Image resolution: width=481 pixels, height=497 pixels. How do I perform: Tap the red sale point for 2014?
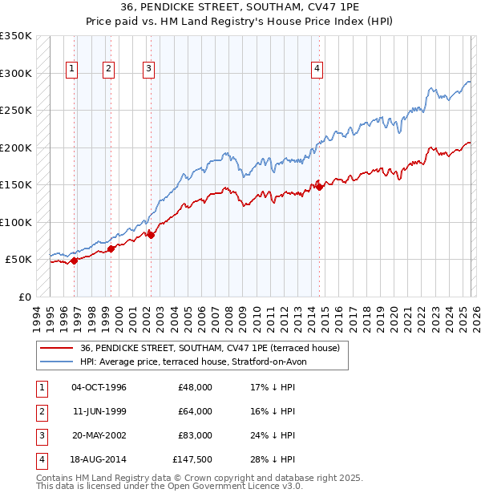coord(319,187)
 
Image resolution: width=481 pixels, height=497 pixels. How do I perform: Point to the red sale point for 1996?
coord(74,261)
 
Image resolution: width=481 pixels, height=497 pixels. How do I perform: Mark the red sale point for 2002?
coord(151,235)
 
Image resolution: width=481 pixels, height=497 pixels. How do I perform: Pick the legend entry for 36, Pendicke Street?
coord(210,348)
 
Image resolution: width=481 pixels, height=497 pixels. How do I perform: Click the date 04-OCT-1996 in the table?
coord(99,387)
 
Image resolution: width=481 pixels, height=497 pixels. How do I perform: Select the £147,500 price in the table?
coord(192,459)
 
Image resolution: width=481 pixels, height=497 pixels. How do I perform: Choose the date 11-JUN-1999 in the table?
coord(99,411)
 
